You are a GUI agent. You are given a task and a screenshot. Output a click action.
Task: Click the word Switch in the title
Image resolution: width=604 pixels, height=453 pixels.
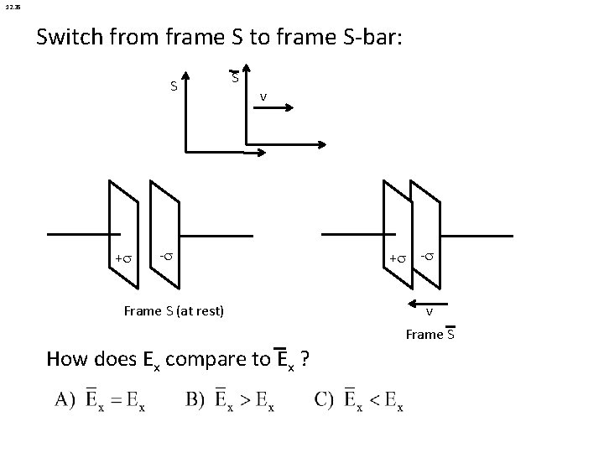click(70, 38)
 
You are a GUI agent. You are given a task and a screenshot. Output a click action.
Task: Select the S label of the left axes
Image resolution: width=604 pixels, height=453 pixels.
click(174, 86)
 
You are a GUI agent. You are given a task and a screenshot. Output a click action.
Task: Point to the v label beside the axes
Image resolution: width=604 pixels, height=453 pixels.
click(263, 96)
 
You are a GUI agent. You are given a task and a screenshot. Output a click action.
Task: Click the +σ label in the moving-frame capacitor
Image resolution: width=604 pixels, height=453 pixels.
click(394, 258)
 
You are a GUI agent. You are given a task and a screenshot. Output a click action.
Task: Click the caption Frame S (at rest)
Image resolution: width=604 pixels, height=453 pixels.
click(174, 311)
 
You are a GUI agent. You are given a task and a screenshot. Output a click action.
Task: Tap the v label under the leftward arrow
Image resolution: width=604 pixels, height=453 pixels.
click(429, 313)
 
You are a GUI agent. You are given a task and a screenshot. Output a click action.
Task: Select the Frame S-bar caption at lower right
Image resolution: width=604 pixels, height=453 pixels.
click(430, 335)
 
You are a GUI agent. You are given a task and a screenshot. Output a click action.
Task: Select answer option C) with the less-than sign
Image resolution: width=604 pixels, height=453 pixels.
click(360, 400)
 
